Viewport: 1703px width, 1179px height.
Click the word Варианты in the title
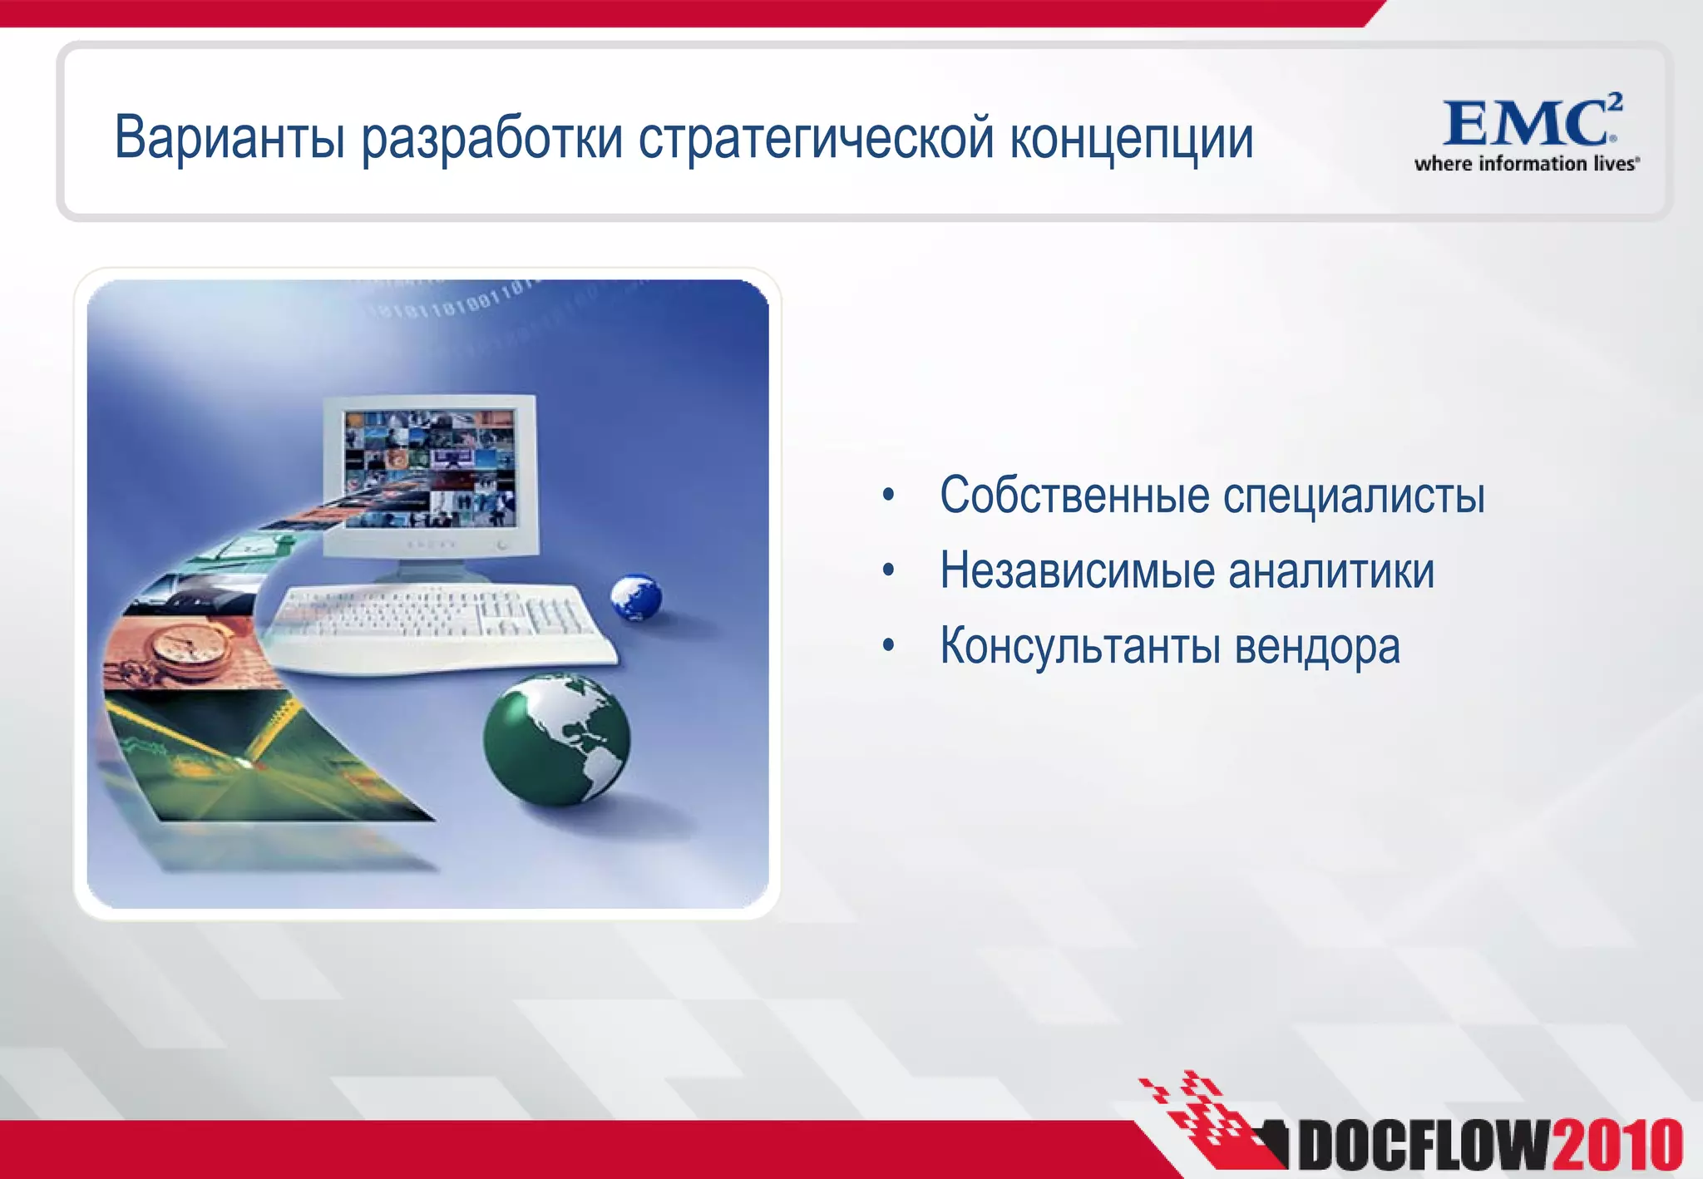pyautogui.click(x=229, y=138)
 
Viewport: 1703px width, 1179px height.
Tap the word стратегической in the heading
pyautogui.click(x=816, y=138)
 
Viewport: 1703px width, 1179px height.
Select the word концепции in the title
pyautogui.click(x=1131, y=138)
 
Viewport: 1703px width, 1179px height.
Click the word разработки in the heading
pyautogui.click(x=491, y=138)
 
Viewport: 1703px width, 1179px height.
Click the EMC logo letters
pyautogui.click(x=1524, y=123)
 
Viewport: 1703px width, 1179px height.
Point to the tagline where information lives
pyautogui.click(x=1526, y=164)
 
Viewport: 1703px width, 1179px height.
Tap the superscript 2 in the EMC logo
pyautogui.click(x=1613, y=101)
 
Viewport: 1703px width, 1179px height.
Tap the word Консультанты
pyautogui.click(x=1079, y=646)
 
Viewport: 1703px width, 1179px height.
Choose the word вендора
pyautogui.click(x=1317, y=646)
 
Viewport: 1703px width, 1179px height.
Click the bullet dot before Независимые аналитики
pyautogui.click(x=888, y=571)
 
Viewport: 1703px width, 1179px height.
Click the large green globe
pyautogui.click(x=556, y=739)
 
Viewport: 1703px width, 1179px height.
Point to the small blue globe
pyautogui.click(x=636, y=597)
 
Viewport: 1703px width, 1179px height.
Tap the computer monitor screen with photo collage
pyautogui.click(x=429, y=468)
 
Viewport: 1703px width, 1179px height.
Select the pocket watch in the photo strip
pyautogui.click(x=190, y=649)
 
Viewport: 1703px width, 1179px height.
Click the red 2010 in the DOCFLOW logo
pyautogui.click(x=1617, y=1145)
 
